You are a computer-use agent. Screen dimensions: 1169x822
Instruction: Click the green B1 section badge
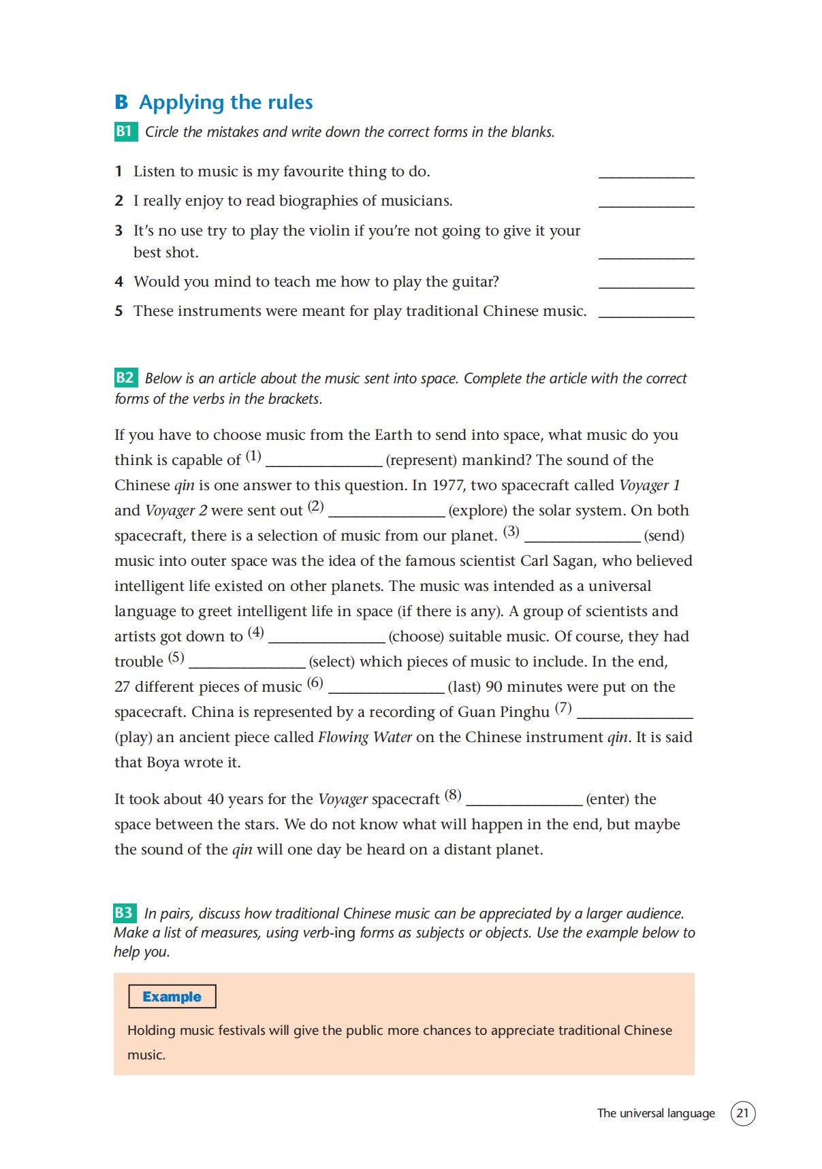[x=125, y=131]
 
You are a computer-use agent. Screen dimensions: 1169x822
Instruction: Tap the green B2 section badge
[x=125, y=378]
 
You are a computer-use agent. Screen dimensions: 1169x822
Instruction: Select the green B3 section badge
[x=124, y=913]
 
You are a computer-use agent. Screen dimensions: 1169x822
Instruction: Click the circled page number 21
[x=742, y=1113]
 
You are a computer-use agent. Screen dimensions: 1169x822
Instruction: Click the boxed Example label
[x=172, y=997]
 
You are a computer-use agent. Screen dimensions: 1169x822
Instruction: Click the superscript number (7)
[x=563, y=707]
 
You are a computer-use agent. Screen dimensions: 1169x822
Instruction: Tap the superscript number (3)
[x=511, y=531]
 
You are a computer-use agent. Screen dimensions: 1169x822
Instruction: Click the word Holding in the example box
[x=151, y=1030]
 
